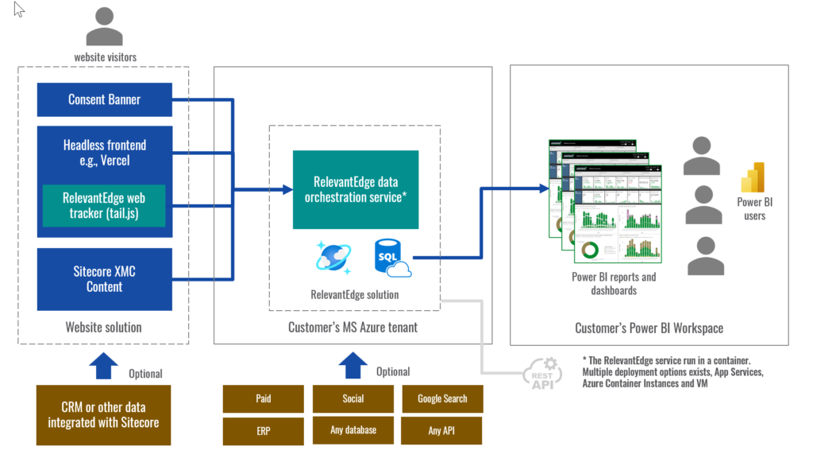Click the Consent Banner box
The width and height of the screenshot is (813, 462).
(104, 99)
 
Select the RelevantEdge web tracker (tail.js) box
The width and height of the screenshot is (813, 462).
(103, 205)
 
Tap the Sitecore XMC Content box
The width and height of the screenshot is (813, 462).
(104, 279)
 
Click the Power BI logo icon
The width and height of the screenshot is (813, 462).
(751, 178)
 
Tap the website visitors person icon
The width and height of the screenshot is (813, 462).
(105, 27)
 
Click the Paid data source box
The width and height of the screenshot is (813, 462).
(264, 399)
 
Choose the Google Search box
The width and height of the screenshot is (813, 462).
(442, 399)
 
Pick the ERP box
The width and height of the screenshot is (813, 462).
(264, 430)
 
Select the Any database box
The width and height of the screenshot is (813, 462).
(353, 430)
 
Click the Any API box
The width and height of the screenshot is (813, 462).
(442, 430)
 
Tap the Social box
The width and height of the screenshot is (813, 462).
(353, 399)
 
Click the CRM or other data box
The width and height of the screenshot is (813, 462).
(103, 415)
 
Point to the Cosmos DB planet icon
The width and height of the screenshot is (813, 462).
(333, 258)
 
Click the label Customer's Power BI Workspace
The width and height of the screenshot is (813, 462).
(649, 328)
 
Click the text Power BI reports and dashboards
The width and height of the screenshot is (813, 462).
(614, 284)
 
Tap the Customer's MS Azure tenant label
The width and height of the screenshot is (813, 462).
(353, 328)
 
